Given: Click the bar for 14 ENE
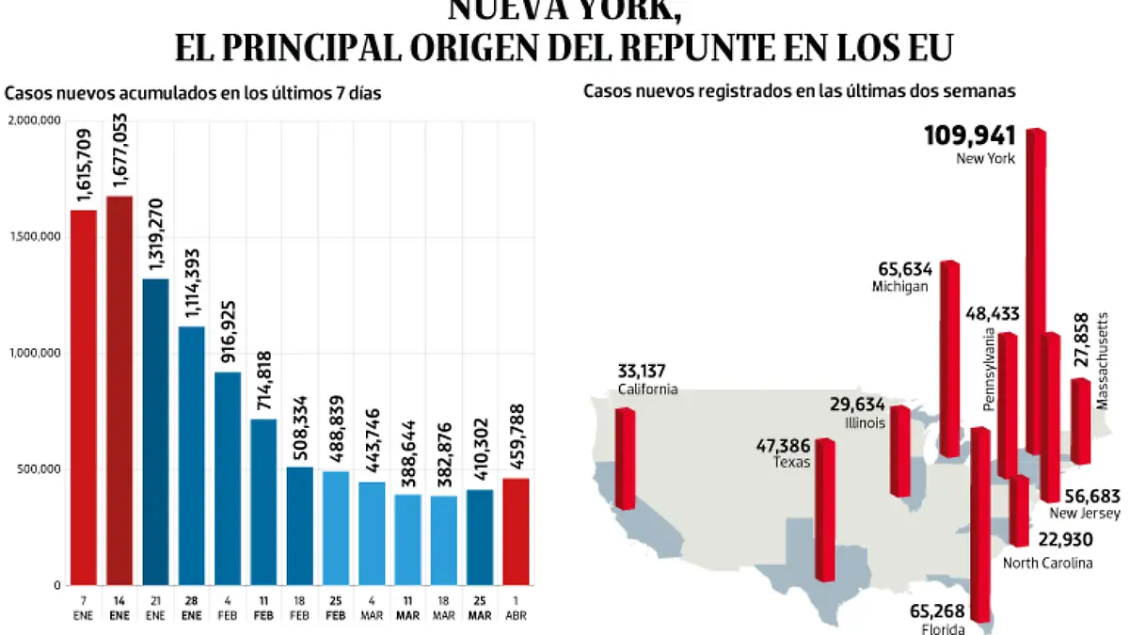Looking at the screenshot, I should coord(119,389).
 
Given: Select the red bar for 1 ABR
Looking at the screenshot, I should coord(515,531).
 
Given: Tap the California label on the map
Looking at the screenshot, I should coord(647,389).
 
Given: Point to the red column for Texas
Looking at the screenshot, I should coord(824,509).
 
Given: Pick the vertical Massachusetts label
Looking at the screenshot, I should coord(1102,361).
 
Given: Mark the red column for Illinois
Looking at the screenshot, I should coord(900,451).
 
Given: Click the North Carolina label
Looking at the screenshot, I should coord(1047,563).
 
